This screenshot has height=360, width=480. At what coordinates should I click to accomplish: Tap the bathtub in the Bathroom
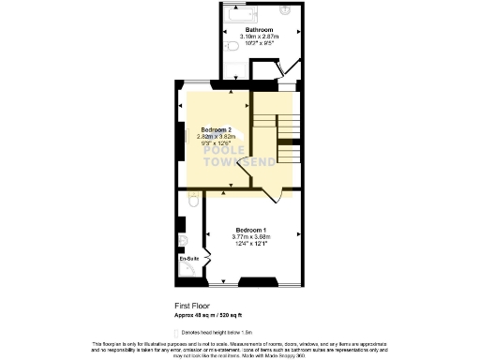pos(243,15)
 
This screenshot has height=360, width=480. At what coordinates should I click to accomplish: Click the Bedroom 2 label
pos(216,129)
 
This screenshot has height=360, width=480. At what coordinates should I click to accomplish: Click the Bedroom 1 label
pos(251,231)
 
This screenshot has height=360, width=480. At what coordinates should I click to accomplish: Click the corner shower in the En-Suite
pos(191,271)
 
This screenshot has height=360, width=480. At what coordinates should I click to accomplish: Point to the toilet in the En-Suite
pos(192,201)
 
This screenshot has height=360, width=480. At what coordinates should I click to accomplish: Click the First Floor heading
pos(191,306)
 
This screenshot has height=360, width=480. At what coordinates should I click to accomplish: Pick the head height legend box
pos(178,333)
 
